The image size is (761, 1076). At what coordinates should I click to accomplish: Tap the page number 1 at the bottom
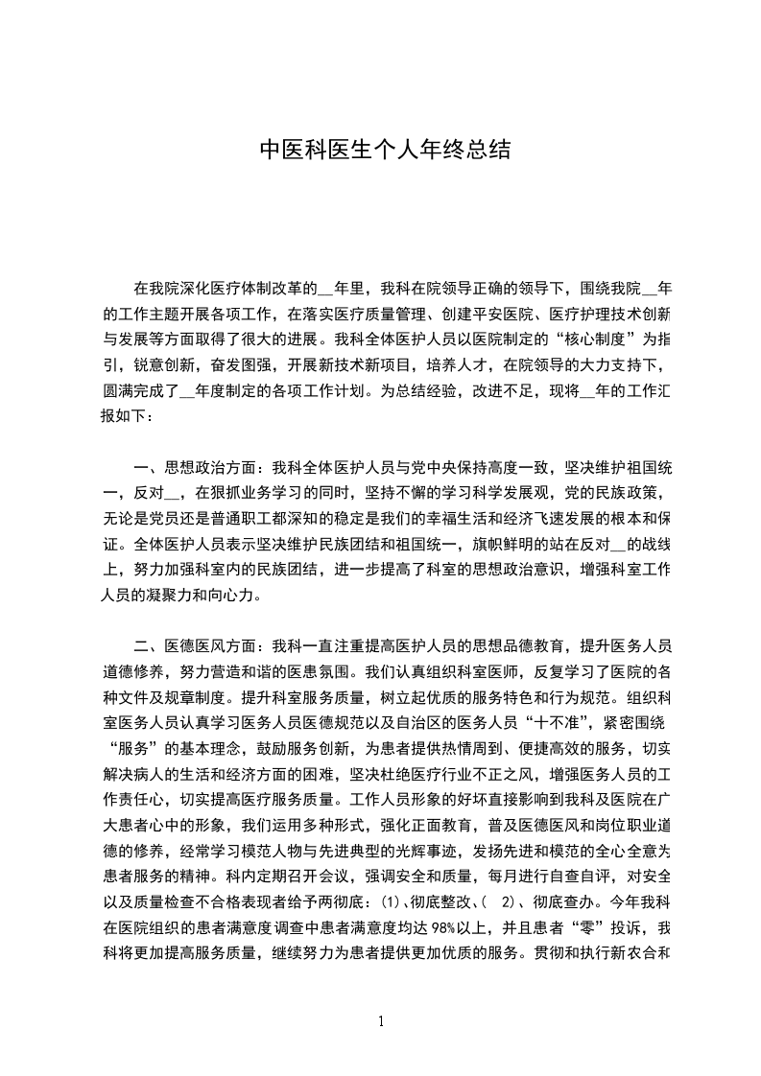point(382,1021)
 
